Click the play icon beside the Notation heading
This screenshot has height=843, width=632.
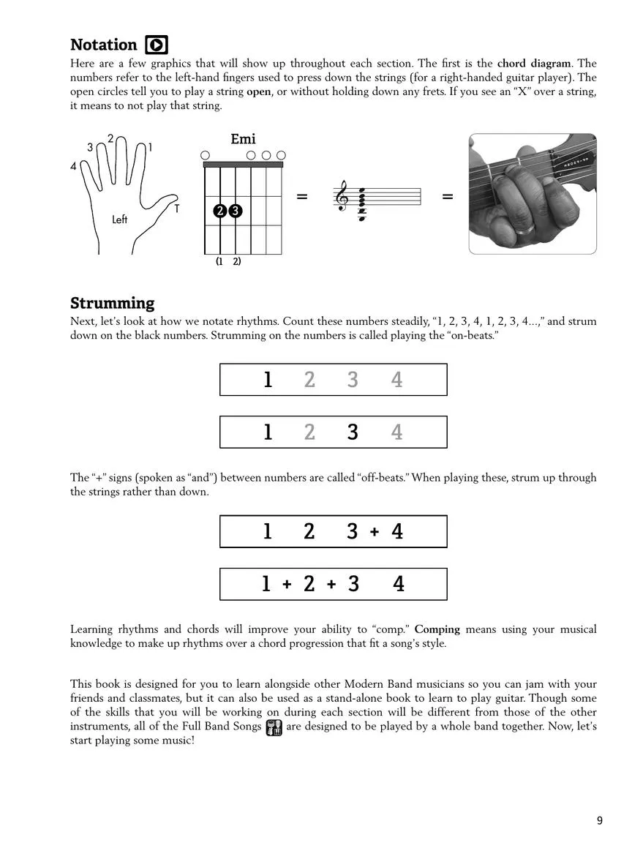157,45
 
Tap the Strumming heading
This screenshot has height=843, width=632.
112,303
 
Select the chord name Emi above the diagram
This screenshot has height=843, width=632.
243,139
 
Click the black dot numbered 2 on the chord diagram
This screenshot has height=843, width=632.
220,211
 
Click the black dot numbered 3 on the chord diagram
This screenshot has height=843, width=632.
236,211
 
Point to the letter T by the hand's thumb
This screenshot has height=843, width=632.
177,209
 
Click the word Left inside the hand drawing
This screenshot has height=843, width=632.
120,220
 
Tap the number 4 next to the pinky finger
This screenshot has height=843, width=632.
73,167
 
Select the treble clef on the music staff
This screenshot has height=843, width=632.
342,198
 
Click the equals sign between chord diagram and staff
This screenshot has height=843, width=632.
302,197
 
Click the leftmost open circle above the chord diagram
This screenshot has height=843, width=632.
205,155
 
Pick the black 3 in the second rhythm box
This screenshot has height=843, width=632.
353,432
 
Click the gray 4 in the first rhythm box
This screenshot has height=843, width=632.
396,380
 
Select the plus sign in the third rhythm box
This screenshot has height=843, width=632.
375,532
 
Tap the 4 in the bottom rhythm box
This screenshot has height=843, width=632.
399,584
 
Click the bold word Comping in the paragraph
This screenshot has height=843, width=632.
437,629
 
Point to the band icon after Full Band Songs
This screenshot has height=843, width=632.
274,727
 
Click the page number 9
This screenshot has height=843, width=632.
600,820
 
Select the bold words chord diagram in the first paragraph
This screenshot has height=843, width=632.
535,64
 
